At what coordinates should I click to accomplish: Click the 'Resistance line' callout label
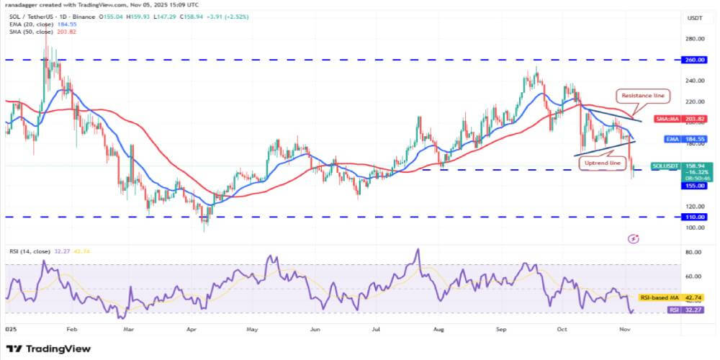[x=643, y=95]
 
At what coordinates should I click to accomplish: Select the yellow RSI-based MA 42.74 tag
[x=670, y=297]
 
